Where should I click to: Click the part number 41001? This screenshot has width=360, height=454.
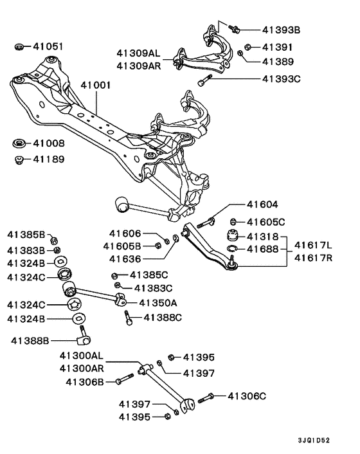[96, 84]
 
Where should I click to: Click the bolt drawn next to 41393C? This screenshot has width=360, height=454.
[205, 81]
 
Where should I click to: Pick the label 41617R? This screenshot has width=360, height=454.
[313, 259]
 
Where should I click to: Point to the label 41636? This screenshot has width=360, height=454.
[125, 259]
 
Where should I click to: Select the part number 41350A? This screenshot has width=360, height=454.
[156, 302]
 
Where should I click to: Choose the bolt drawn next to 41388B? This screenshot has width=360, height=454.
[84, 334]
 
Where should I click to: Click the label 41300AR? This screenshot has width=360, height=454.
[82, 368]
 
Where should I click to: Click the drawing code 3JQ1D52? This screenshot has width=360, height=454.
[314, 441]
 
